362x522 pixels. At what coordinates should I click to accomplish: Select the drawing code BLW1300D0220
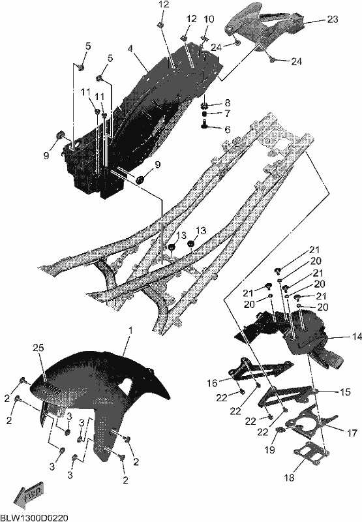tap(35, 517)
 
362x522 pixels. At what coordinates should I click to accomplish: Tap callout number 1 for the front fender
tap(130, 331)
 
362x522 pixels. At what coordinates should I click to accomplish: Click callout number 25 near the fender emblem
tap(38, 348)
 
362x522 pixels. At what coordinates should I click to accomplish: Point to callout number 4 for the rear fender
tap(130, 48)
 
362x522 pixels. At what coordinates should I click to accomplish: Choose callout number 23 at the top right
tap(332, 20)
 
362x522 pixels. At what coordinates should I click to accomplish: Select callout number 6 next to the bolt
tap(228, 129)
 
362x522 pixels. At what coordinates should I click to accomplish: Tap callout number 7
tap(228, 114)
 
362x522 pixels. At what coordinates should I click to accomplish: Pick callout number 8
tap(227, 102)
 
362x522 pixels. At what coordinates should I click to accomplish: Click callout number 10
tap(209, 19)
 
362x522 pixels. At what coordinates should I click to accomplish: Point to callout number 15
tap(345, 392)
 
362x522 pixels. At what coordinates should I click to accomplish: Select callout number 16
tap(212, 383)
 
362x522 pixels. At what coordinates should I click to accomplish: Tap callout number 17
tap(352, 433)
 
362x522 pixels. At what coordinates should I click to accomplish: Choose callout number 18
tap(290, 478)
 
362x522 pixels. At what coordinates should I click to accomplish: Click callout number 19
tap(270, 450)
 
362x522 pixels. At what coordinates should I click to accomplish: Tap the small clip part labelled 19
tap(280, 430)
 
